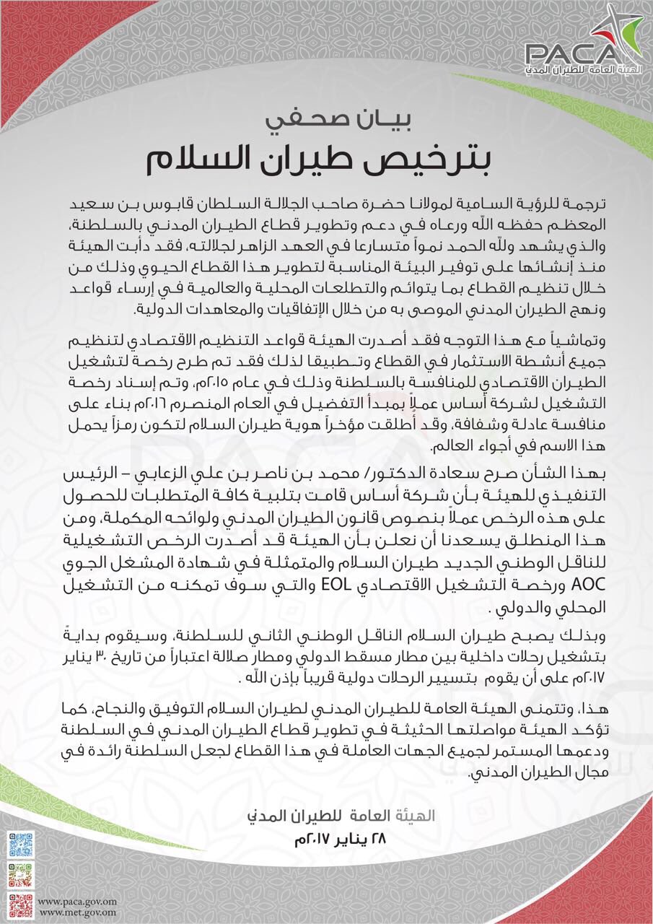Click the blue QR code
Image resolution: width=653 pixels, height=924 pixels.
click(x=21, y=845)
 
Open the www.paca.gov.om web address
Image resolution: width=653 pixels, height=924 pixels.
click(x=77, y=902)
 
